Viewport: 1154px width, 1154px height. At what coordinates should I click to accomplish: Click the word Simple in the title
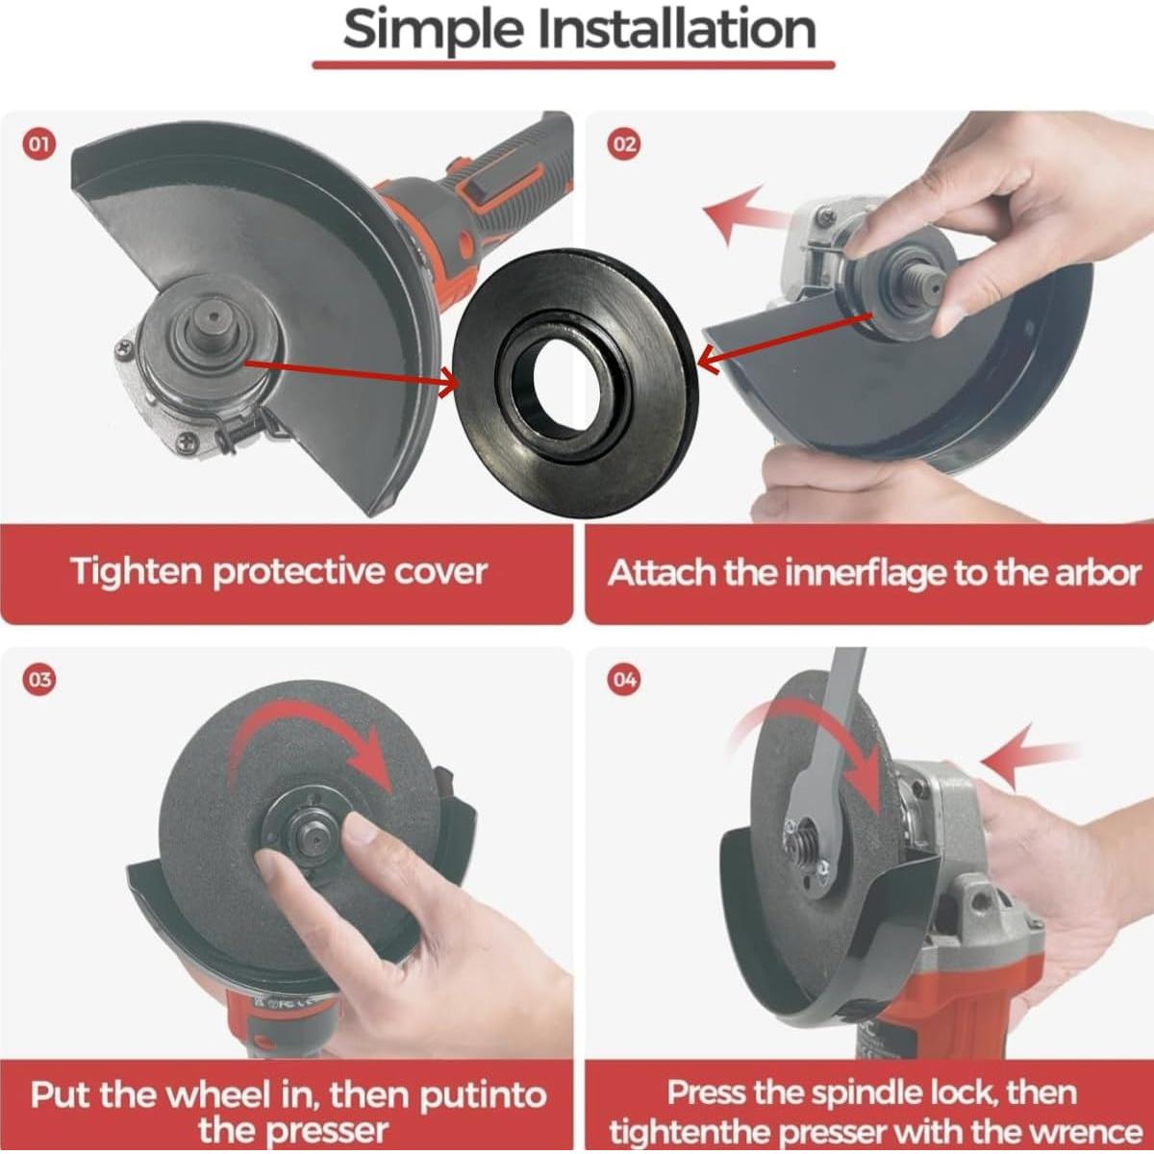433,30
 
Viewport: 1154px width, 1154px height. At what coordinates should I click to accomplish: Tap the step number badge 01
39,145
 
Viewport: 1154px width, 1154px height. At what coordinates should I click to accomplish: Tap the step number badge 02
625,145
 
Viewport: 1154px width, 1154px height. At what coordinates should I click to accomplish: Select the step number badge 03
39,680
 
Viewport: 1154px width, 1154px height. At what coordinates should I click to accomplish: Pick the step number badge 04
625,680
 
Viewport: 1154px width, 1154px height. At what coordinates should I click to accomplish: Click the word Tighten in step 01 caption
137,573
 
